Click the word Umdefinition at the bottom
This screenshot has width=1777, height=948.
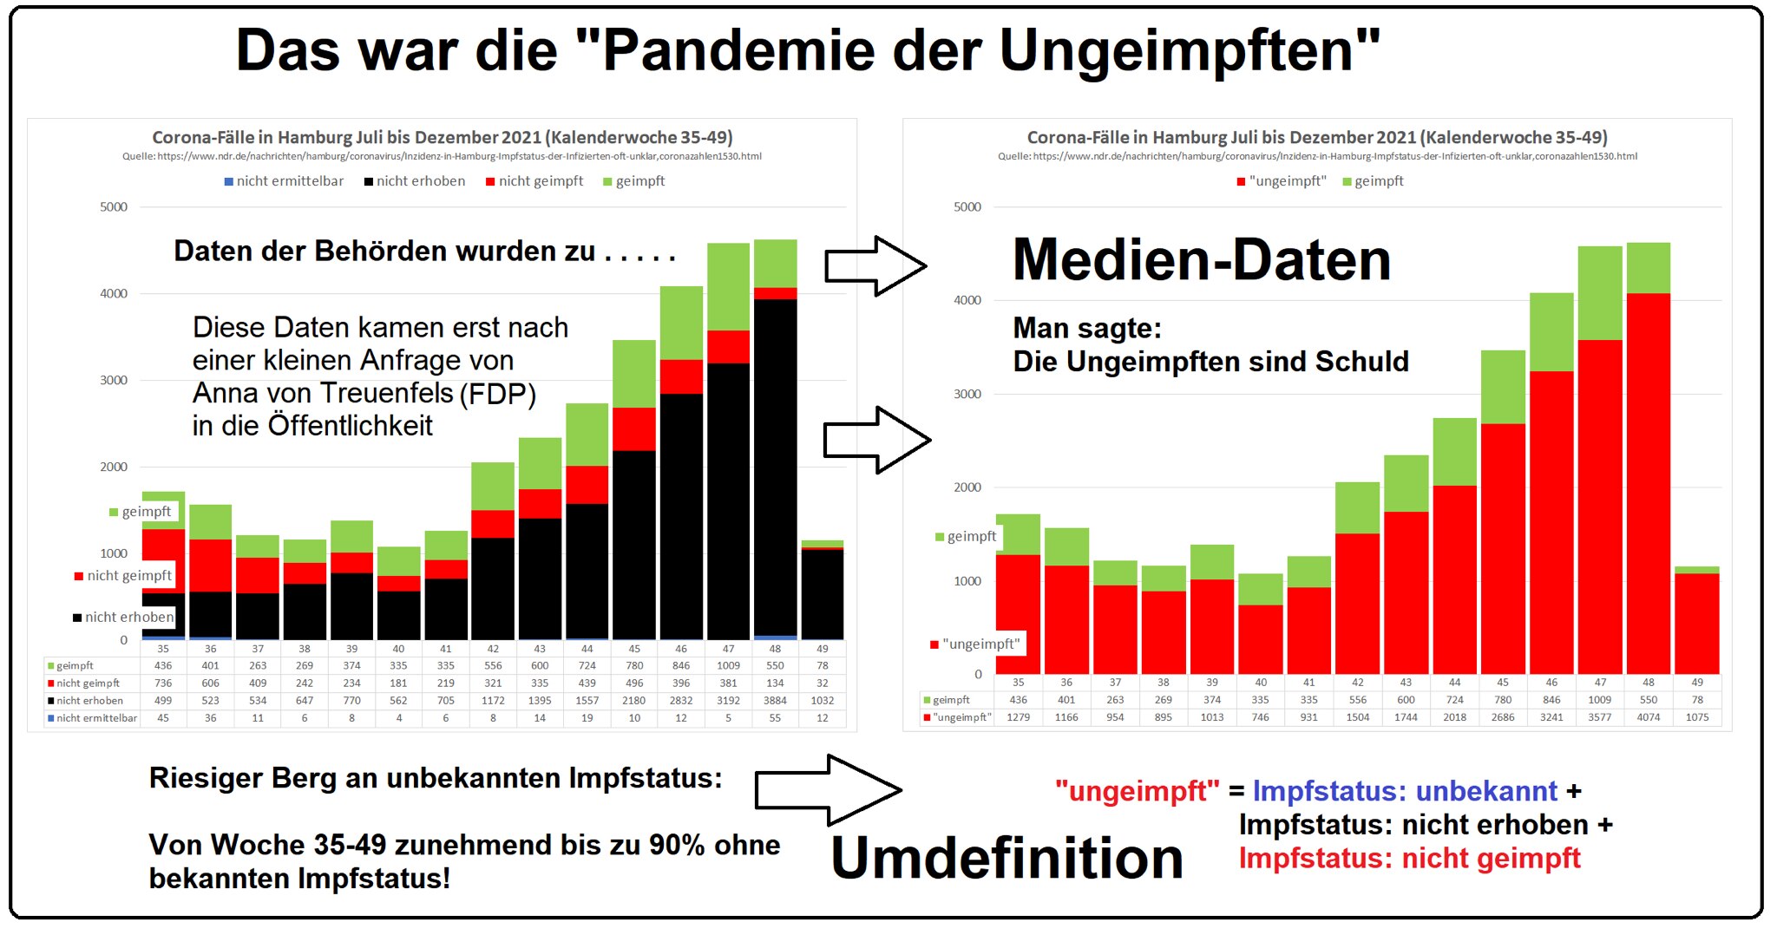[1007, 858]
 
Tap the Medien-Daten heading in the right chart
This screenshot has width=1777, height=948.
[1201, 259]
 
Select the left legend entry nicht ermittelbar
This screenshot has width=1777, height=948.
[284, 181]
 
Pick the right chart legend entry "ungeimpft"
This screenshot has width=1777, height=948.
[1282, 181]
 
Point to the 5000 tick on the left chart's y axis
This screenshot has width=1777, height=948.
[114, 207]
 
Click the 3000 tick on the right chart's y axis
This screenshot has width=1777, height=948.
[967, 394]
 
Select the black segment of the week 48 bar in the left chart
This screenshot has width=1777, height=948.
[775, 468]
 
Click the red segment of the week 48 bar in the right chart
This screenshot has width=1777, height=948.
[1648, 486]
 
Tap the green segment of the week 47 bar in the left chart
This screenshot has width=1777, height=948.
[728, 286]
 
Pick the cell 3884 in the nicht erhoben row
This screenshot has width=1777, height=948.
[775, 701]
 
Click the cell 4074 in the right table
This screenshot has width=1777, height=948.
[1648, 717]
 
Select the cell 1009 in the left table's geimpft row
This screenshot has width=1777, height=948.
[728, 666]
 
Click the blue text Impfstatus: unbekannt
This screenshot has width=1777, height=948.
[1405, 791]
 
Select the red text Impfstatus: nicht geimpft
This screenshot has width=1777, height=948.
[1409, 859]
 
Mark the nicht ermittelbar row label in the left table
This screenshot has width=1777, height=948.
[92, 718]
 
